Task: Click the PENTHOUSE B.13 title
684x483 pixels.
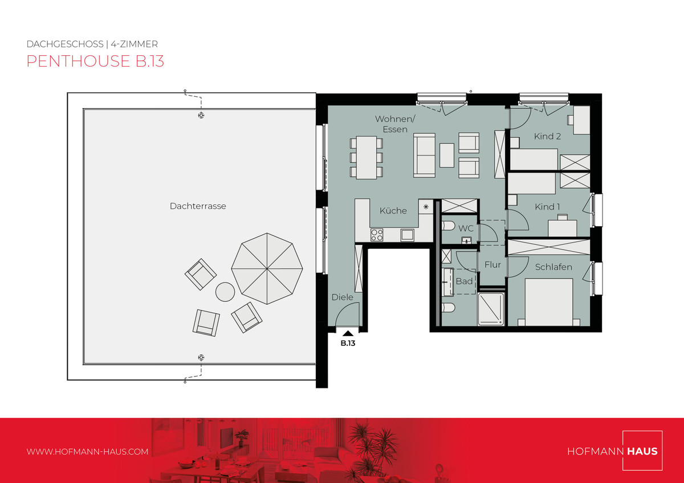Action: [95, 61]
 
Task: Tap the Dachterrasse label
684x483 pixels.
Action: [198, 206]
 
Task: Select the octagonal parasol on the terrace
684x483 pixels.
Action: [267, 269]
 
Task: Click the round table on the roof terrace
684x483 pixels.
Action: [225, 292]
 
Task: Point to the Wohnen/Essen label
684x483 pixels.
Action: [395, 124]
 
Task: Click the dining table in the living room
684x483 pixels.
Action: [367, 157]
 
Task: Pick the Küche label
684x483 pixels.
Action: [393, 211]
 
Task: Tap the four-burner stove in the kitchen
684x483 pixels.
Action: [377, 235]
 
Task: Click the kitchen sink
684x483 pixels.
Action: [408, 235]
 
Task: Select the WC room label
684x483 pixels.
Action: [466, 228]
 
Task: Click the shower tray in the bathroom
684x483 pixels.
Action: [491, 309]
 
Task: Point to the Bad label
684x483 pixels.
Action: [464, 281]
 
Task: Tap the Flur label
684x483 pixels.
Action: [492, 264]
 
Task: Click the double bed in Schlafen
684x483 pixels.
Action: [549, 302]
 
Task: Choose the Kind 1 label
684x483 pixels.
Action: [547, 207]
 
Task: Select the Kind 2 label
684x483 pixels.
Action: [547, 136]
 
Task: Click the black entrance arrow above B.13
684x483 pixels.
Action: [348, 334]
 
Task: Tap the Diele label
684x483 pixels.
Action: [343, 297]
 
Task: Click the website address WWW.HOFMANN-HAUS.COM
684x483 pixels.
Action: [87, 452]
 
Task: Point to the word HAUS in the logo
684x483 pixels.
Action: [642, 451]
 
